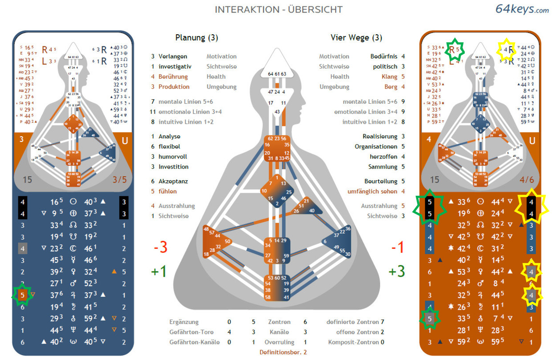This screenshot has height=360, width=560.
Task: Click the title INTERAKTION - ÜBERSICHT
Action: pyautogui.click(x=279, y=9)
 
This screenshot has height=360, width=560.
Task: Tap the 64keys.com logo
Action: pyautogui.click(x=522, y=9)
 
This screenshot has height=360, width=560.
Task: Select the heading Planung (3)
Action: pyautogui.click(x=196, y=38)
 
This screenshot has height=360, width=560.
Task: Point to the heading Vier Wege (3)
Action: pyautogui.click(x=356, y=38)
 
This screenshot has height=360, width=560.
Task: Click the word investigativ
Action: pyautogui.click(x=175, y=66)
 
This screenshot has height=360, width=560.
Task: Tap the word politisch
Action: pyautogui.click(x=385, y=66)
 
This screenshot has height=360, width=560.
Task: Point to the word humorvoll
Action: pyautogui.click(x=173, y=157)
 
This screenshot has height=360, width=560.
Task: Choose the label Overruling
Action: pyautogui.click(x=279, y=342)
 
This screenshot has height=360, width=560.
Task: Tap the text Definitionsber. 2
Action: pyautogui.click(x=283, y=352)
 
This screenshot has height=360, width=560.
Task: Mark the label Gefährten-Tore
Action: pyautogui.click(x=191, y=332)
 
